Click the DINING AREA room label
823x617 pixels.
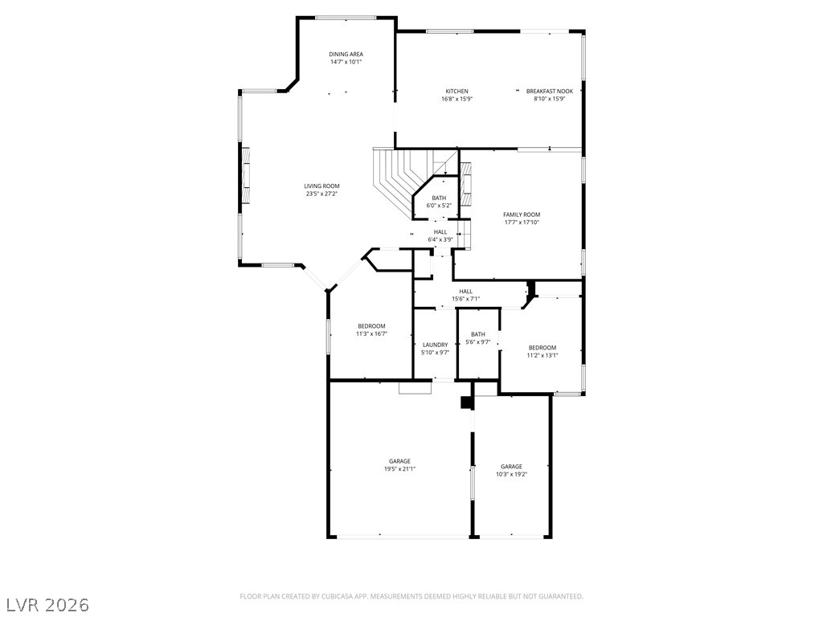point(346,55)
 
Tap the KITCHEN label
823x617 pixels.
point(457,92)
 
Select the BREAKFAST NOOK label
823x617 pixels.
point(550,92)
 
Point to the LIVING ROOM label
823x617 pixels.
point(321,186)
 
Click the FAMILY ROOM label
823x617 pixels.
point(522,215)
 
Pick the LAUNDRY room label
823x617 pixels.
point(435,345)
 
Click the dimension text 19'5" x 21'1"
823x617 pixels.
point(399,468)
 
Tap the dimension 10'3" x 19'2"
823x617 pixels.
point(511,474)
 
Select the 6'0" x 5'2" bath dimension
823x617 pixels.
point(439,206)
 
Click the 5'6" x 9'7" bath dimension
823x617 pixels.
point(478,342)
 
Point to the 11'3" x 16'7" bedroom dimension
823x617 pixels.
point(371,333)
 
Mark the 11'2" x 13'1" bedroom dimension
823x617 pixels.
point(542,355)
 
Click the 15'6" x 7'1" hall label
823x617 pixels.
point(465,299)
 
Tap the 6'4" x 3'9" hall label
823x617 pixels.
point(440,239)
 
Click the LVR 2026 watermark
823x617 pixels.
point(48,603)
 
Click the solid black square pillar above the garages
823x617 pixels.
point(465,402)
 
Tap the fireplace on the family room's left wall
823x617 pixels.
point(465,189)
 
